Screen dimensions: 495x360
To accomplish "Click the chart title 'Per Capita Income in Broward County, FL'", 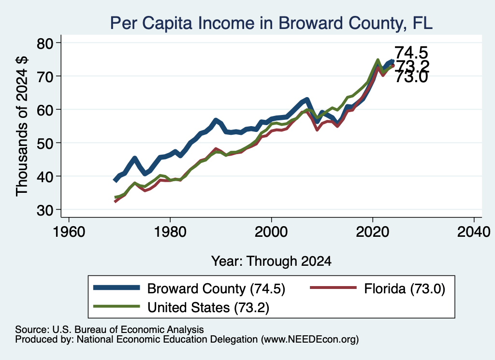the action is point(271,23).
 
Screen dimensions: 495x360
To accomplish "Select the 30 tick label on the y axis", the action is point(44,210).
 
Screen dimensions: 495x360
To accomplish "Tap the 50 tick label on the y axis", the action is point(44,143).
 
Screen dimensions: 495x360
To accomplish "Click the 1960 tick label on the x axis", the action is point(69,232).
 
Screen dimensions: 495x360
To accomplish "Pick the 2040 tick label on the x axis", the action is point(474,232).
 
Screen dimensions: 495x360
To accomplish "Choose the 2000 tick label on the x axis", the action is point(271,232).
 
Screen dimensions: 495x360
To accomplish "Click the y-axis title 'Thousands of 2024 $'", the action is point(22,126).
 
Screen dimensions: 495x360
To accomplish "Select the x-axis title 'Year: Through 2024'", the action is point(271,261).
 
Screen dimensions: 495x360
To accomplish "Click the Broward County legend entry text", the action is point(216,288).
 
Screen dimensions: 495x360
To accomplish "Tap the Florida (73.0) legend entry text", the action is point(405,288).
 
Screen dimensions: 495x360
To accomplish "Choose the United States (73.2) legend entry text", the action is point(208,307).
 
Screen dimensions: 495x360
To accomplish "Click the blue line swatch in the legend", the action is point(116,288).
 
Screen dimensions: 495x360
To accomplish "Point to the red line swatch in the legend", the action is point(334,288).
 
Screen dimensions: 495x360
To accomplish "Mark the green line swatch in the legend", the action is point(116,306).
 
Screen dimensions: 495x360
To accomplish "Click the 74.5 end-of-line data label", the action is point(411,52).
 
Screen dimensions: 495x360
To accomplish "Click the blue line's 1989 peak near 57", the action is point(216,120).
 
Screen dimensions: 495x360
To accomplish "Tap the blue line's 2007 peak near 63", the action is point(307,100).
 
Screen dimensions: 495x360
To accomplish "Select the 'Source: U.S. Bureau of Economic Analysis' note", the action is point(109,330).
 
